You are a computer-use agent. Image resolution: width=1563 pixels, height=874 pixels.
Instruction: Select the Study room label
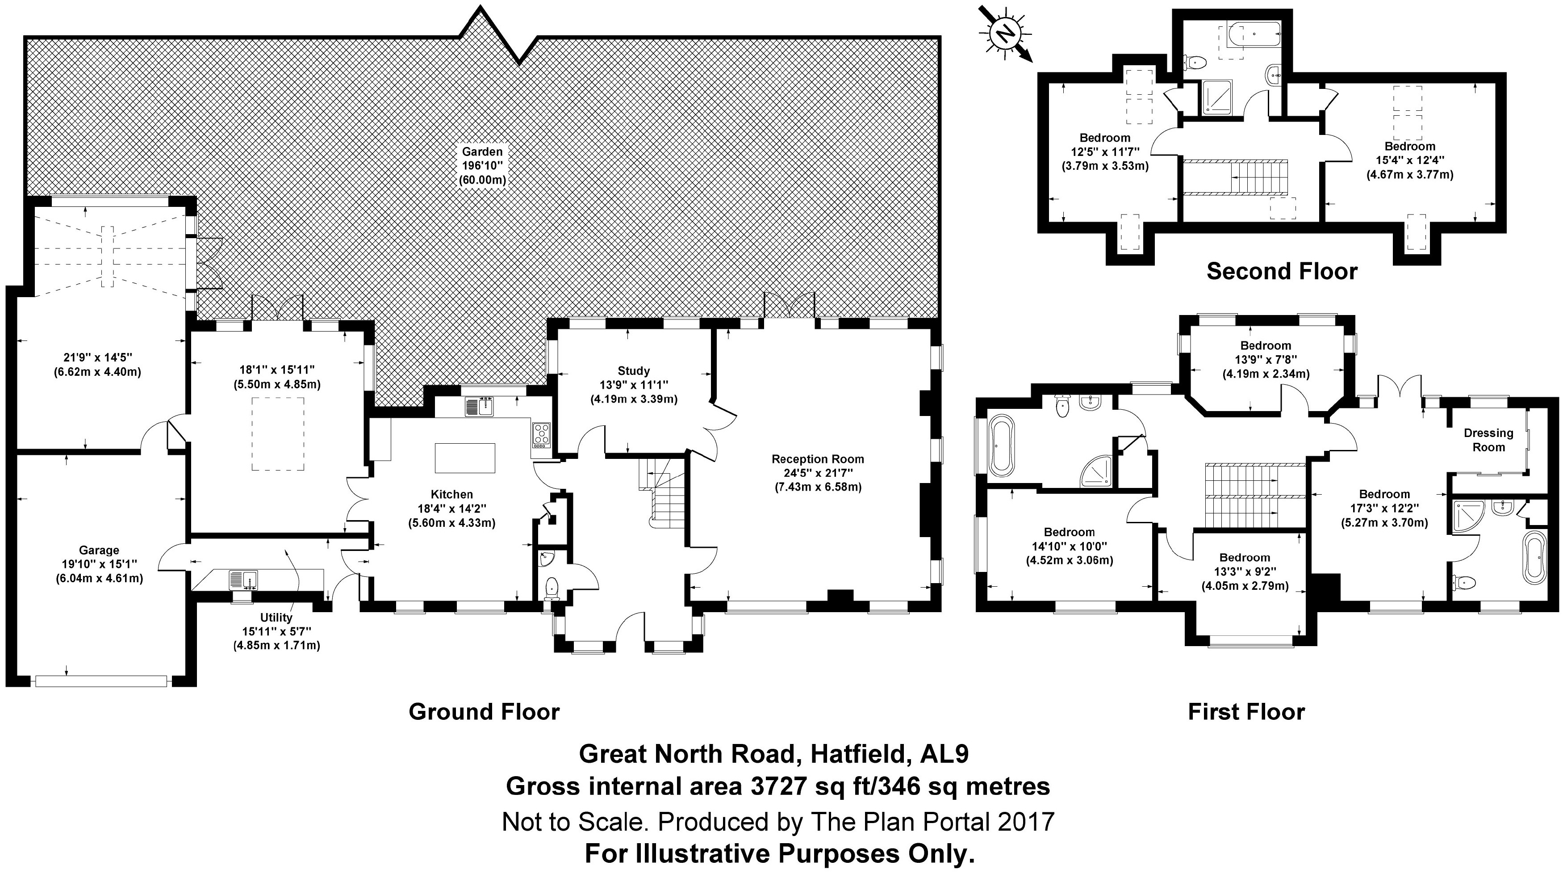[x=633, y=371]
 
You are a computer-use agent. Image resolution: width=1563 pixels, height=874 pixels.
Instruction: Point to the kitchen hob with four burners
[x=541, y=435]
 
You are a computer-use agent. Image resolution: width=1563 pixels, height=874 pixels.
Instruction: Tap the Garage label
[x=99, y=550]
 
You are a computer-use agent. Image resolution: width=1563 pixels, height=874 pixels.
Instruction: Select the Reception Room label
[x=817, y=459]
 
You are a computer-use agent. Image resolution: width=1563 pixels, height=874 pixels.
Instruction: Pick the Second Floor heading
[x=1282, y=271]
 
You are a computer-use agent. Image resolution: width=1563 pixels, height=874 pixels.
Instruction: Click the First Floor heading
[x=1245, y=712]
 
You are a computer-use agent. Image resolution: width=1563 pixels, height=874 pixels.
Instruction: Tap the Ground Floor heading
[x=484, y=712]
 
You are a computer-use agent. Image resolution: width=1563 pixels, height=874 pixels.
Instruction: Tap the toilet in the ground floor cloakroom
[x=552, y=588]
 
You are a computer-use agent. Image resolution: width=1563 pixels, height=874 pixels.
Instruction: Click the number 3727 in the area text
[x=778, y=786]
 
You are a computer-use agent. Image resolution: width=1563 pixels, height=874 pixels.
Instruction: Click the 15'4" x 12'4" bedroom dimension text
[x=1409, y=161]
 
